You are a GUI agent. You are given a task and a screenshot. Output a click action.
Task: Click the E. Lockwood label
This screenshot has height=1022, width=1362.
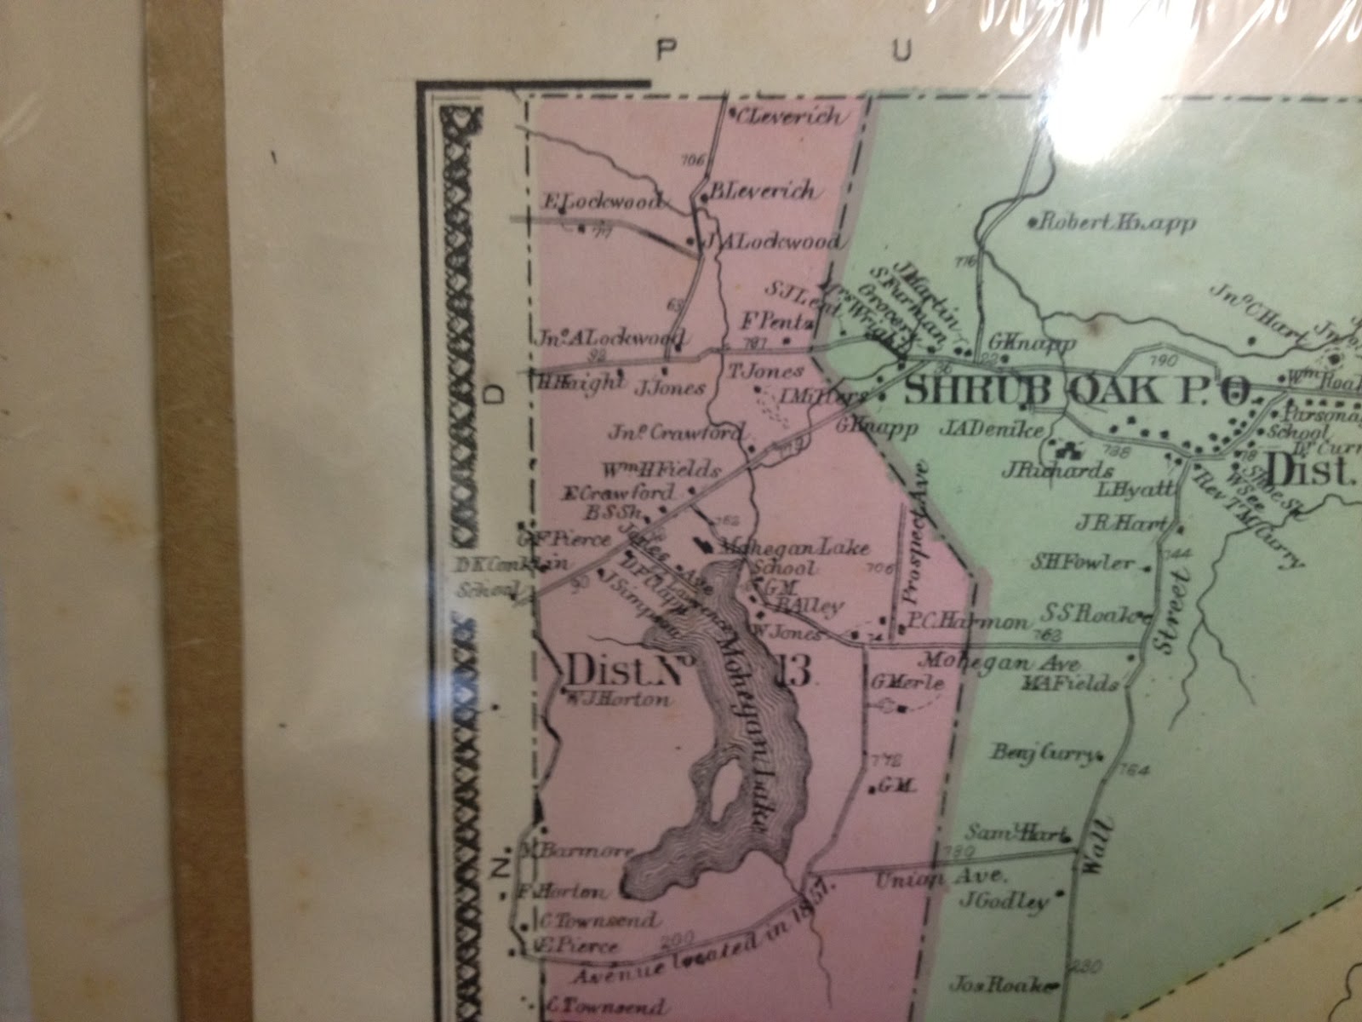(602, 203)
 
